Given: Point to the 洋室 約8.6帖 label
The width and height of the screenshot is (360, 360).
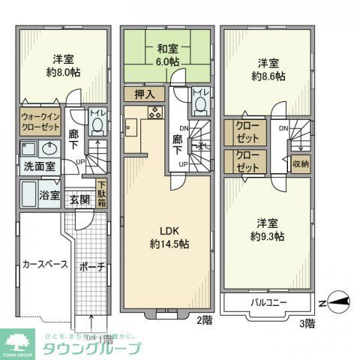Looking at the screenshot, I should coord(268,70).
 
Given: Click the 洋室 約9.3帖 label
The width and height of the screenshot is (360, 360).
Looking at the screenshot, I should coord(268,229).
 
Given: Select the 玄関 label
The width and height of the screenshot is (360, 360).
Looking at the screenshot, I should coord(80,199).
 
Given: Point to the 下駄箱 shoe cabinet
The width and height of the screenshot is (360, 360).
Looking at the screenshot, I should coord(100,193).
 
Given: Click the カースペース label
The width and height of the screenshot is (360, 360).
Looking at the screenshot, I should coord(45,264).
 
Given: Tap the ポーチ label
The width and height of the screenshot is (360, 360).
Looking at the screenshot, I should coord(90,267).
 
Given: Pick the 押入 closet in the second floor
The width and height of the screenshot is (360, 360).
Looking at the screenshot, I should coord(145,94).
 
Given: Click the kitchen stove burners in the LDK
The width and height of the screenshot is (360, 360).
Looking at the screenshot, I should coord(155,114).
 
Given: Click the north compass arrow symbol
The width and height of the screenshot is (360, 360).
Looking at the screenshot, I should coord(337,301).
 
